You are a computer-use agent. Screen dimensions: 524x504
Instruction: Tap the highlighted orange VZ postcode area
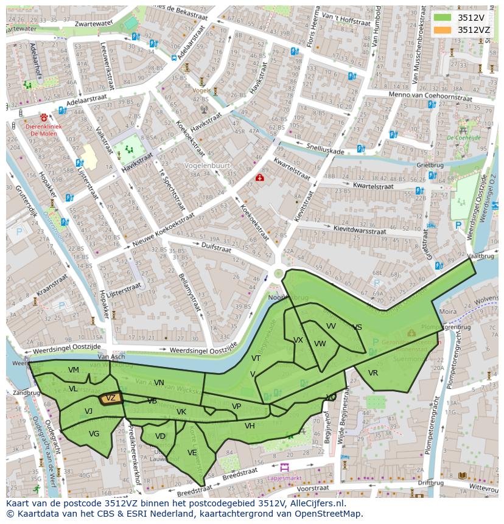(110, 398)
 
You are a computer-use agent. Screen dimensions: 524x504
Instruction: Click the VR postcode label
(373, 373)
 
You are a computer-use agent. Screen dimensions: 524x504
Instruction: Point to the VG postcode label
(94, 434)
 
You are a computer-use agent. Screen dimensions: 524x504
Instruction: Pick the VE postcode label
(192, 453)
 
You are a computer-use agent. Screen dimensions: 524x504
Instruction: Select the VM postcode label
(74, 370)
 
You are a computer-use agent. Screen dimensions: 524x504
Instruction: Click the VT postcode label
(256, 358)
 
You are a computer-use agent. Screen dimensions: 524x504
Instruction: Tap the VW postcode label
(320, 344)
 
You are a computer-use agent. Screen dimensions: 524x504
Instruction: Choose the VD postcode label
(160, 436)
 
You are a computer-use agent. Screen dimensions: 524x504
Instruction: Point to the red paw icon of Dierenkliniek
(44, 117)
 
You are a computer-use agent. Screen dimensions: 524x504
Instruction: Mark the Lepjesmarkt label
(284, 478)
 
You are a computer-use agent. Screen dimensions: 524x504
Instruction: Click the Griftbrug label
(430, 165)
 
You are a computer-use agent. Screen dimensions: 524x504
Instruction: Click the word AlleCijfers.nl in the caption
(316, 504)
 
